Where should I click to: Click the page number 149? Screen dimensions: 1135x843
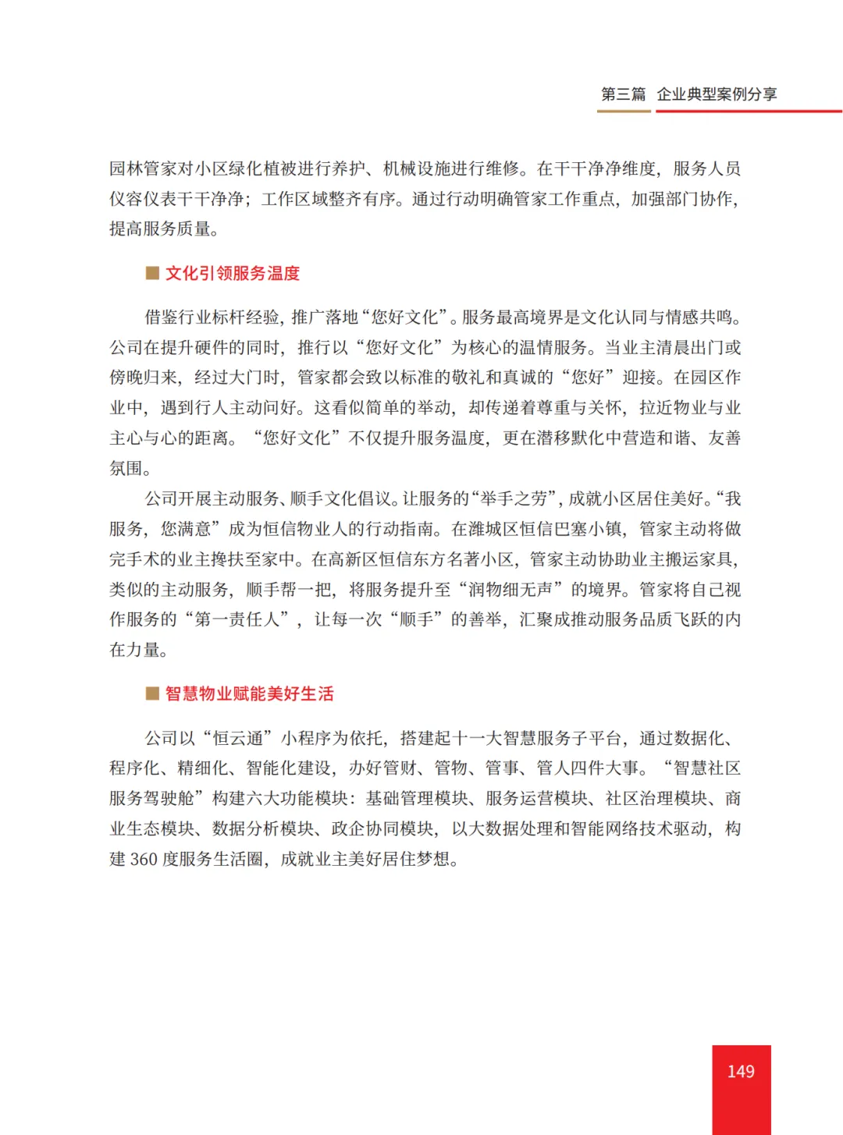pyautogui.click(x=740, y=1072)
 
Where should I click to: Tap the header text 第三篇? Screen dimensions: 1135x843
pyautogui.click(x=623, y=94)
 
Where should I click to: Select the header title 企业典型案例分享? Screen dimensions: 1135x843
pyautogui.click(x=717, y=94)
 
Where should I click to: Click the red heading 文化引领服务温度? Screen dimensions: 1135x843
pyautogui.click(x=233, y=274)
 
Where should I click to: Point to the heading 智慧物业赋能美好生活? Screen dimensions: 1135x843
pyautogui.click(x=249, y=694)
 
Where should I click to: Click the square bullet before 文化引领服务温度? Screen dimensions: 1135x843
pyautogui.click(x=153, y=273)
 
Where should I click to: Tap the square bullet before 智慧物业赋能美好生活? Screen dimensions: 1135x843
pyautogui.click(x=153, y=693)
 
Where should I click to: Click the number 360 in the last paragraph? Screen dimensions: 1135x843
pyautogui.click(x=144, y=860)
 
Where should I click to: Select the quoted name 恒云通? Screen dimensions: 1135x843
pyautogui.click(x=242, y=738)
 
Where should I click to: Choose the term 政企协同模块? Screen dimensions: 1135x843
pyautogui.click(x=382, y=829)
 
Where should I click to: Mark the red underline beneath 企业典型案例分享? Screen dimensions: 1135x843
pyautogui.click(x=748, y=111)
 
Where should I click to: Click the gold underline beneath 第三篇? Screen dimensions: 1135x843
pyautogui.click(x=623, y=111)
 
